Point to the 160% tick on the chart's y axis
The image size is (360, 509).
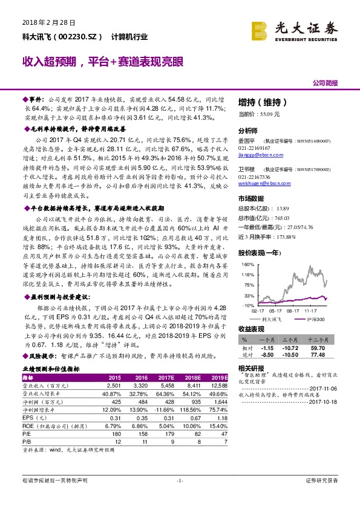tap(247, 265)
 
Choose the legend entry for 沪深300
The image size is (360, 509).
tap(315, 319)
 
